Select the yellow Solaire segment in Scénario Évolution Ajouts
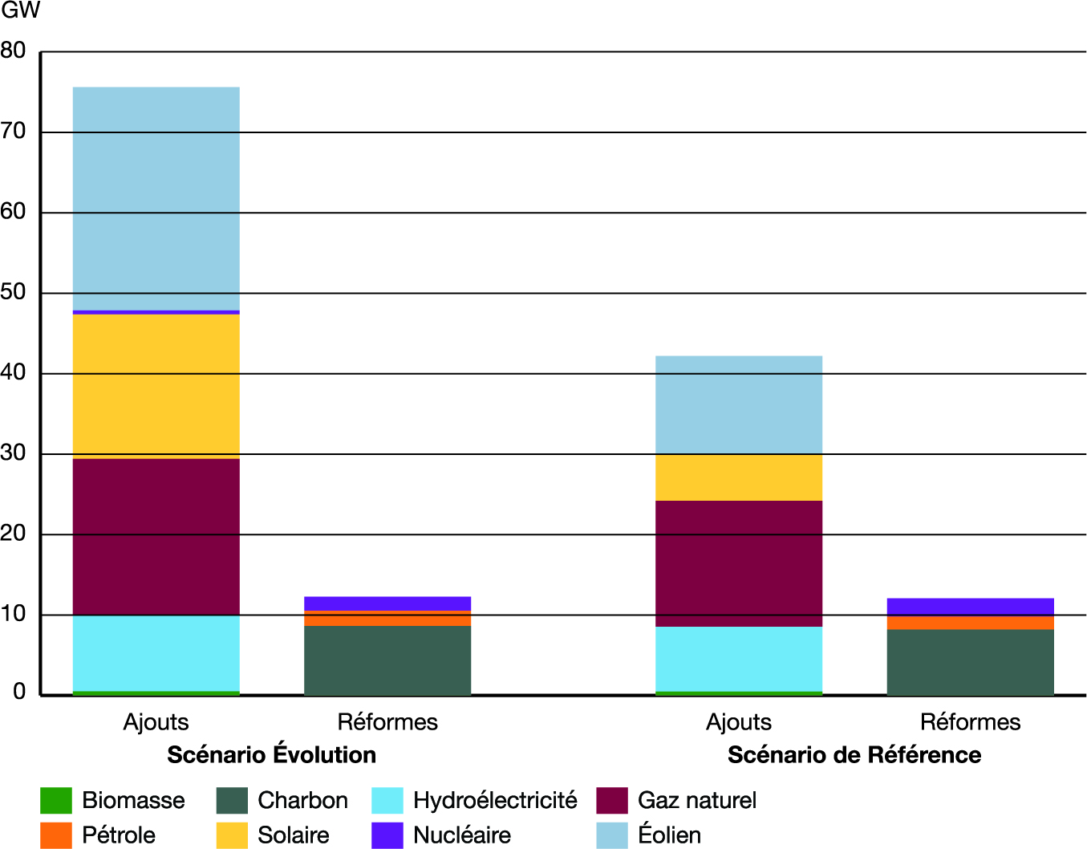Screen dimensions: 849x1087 point(156,386)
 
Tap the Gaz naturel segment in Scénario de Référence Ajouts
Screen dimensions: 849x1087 point(738,563)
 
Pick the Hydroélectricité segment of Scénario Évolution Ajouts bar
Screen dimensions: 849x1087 point(156,653)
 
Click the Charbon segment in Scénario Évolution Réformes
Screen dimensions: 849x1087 point(387,660)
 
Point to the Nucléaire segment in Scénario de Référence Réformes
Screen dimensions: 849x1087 point(970,607)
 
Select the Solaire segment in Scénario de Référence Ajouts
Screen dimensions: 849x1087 point(738,477)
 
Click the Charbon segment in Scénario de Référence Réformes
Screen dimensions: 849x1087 point(970,662)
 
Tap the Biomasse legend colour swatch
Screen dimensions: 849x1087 point(55,801)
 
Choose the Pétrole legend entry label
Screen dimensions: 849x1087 point(119,835)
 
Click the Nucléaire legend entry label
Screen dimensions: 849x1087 point(462,835)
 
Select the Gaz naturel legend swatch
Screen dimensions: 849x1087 point(612,801)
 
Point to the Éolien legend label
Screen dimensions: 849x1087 point(669,835)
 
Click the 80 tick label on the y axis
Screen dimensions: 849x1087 point(14,51)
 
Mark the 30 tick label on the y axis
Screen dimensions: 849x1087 point(14,453)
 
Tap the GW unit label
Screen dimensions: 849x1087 point(20,11)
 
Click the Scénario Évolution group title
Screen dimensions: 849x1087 point(271,755)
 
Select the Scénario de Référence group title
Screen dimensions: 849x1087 point(854,755)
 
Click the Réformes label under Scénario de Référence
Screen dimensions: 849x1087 point(970,722)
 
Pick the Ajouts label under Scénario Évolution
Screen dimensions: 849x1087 point(156,722)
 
